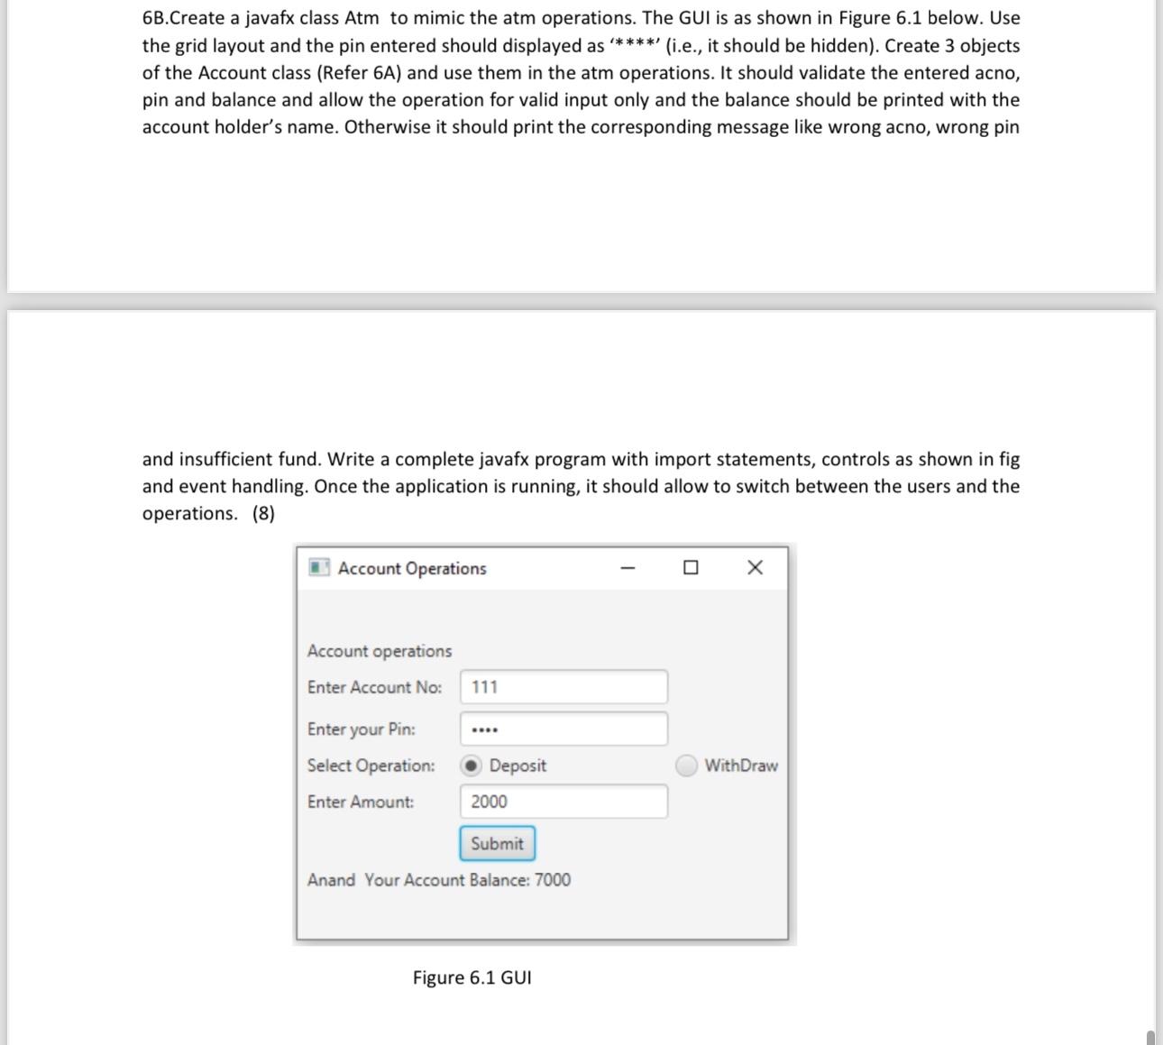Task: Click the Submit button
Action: click(x=497, y=844)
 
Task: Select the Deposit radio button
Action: click(x=472, y=765)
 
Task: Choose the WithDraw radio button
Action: click(x=687, y=765)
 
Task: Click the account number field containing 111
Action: click(x=563, y=687)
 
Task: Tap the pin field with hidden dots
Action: click(x=563, y=729)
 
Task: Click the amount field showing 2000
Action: click(x=563, y=802)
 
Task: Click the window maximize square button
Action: click(x=691, y=568)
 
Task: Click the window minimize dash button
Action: click(x=628, y=568)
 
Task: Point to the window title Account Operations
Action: click(x=412, y=569)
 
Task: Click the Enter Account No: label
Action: click(x=374, y=687)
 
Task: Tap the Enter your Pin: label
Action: click(x=361, y=729)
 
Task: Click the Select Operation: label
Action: click(x=371, y=765)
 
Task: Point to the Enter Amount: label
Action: click(x=361, y=802)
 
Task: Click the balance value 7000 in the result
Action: click(x=553, y=880)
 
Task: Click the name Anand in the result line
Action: click(x=331, y=880)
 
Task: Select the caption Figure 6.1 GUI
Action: click(x=472, y=978)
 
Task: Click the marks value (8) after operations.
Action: click(x=263, y=514)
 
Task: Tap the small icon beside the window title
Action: click(x=318, y=568)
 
